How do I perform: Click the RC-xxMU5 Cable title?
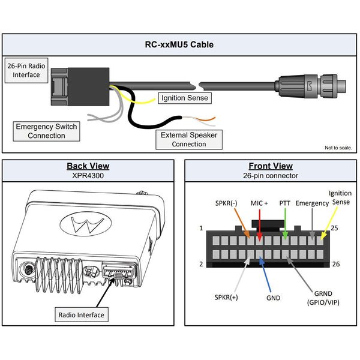click(180, 44)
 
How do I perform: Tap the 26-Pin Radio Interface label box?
click(25, 70)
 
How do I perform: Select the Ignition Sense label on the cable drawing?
click(184, 98)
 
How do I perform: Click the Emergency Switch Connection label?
click(46, 131)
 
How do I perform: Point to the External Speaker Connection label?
click(188, 140)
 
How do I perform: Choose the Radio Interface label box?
click(82, 314)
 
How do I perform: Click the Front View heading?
click(271, 166)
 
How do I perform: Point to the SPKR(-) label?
click(226, 203)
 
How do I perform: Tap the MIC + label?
click(259, 203)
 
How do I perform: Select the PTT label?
click(285, 203)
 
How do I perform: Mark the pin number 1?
click(202, 228)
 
